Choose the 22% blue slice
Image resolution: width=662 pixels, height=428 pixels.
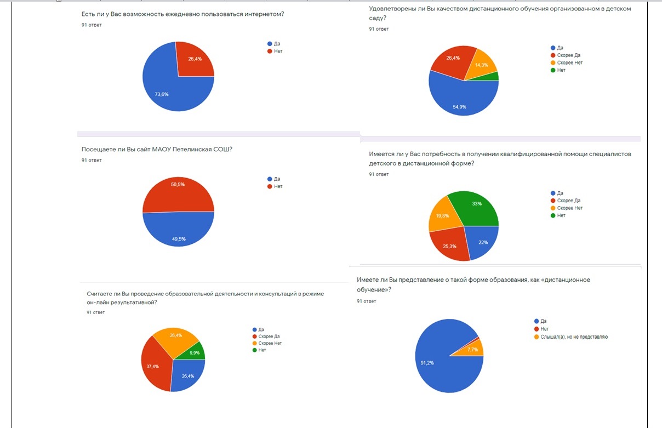coord(482,241)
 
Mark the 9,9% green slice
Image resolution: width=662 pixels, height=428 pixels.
coord(196,351)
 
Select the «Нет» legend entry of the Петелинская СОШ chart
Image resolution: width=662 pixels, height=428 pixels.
coord(278,186)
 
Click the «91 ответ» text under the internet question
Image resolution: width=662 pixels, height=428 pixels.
coord(92,25)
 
